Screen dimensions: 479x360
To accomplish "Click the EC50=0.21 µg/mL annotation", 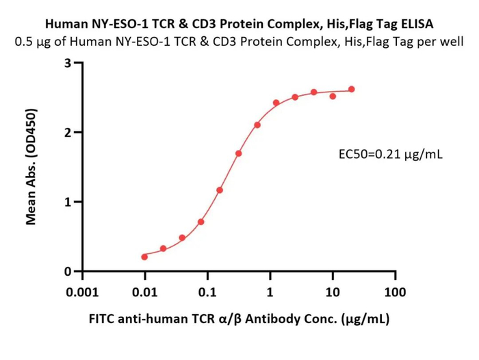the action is (391, 154).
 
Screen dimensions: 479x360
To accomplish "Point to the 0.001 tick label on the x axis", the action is (83, 292).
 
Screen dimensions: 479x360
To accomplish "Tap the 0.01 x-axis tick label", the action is (145, 292).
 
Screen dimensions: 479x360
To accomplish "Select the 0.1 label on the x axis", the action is (207, 292).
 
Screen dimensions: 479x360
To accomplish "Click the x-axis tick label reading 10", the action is (333, 292).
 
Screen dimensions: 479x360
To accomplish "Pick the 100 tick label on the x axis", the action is (395, 292).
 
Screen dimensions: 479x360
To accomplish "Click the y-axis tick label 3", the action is (68, 63).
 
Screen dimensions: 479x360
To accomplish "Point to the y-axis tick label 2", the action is (68, 132).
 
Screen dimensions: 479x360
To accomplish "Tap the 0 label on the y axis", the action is (68, 272).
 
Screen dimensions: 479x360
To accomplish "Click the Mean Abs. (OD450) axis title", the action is (31, 167).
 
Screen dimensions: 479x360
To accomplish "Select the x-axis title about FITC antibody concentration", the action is (239, 319).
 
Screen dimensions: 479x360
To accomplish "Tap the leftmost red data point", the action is (144, 257).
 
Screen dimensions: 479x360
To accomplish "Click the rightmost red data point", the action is (352, 89).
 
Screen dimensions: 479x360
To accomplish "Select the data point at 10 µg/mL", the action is (333, 97).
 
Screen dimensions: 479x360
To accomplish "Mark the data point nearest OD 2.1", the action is (257, 125).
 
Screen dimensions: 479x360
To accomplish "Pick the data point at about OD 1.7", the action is (239, 153).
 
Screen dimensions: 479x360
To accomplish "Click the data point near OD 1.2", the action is (220, 190).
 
